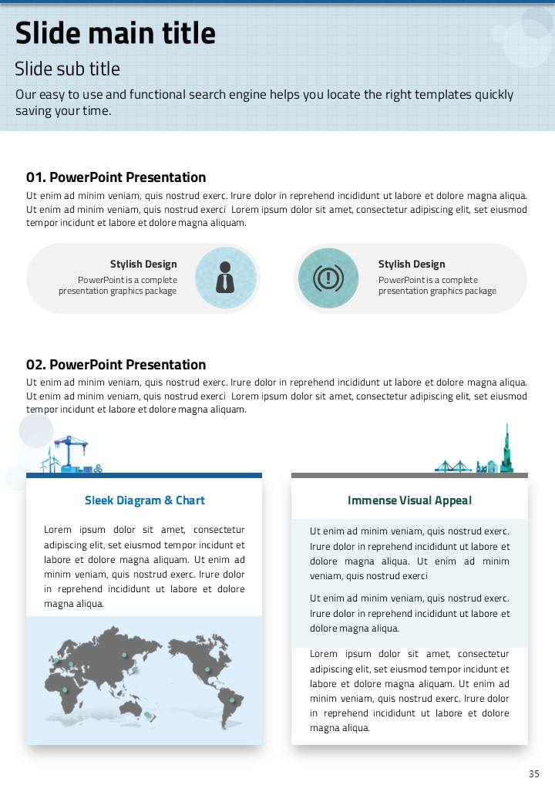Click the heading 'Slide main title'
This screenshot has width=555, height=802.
tap(116, 34)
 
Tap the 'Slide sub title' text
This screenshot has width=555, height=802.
tap(68, 69)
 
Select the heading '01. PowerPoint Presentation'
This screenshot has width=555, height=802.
tap(116, 177)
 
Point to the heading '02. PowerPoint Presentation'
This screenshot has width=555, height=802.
tap(116, 365)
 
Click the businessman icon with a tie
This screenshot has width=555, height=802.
tap(225, 278)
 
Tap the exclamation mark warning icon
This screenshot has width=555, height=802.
tap(329, 278)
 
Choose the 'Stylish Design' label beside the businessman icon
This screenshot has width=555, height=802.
tap(143, 265)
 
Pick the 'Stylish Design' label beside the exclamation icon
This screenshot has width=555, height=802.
tap(412, 265)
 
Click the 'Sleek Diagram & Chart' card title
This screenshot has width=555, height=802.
tap(145, 500)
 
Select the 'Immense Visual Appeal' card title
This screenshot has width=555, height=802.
tap(409, 500)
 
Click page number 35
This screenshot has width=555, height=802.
tap(534, 774)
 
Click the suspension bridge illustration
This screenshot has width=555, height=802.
tap(453, 466)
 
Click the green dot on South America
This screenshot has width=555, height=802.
tap(231, 700)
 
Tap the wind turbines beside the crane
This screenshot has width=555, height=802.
tap(51, 461)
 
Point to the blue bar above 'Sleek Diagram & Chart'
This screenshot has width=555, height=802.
tap(144, 476)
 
